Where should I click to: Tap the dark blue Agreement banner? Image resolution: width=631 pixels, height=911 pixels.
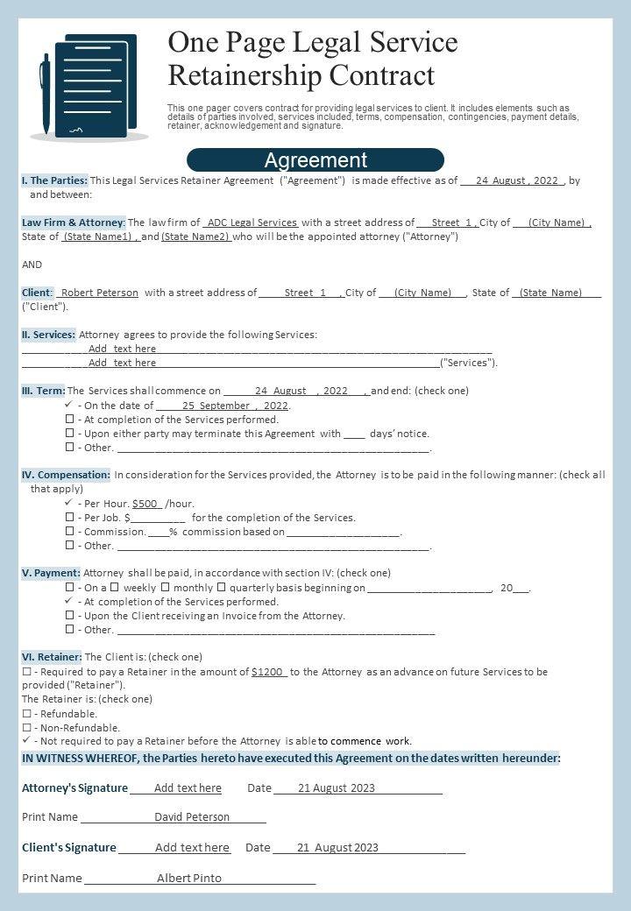[315, 160]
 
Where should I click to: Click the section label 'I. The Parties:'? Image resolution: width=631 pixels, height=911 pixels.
[54, 180]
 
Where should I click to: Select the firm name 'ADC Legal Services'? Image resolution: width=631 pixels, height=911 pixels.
[252, 222]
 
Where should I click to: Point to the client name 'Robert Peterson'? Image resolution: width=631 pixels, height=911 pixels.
[100, 293]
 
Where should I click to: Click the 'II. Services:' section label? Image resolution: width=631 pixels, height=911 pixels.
[48, 335]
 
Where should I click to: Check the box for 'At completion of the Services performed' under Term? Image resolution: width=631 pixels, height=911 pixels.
[70, 420]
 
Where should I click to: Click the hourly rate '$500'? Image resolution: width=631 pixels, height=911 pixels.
[145, 504]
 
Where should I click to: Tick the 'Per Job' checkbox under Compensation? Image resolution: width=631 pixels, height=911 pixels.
[70, 518]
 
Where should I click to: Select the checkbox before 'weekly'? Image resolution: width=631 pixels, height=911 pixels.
[114, 588]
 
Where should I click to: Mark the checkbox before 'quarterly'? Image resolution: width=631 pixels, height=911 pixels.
[221, 588]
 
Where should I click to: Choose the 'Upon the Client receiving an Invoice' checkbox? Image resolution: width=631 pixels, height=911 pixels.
[70, 616]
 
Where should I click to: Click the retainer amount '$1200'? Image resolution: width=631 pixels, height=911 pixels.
[267, 672]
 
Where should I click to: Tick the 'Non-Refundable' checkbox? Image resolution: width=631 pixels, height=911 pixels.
[26, 728]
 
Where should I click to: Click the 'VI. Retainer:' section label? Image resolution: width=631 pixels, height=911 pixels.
[52, 657]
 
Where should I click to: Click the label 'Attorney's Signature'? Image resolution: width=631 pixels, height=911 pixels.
[74, 788]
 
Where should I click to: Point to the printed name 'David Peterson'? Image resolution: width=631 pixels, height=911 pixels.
[192, 817]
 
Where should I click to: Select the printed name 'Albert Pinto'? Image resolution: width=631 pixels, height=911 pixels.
[189, 878]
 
